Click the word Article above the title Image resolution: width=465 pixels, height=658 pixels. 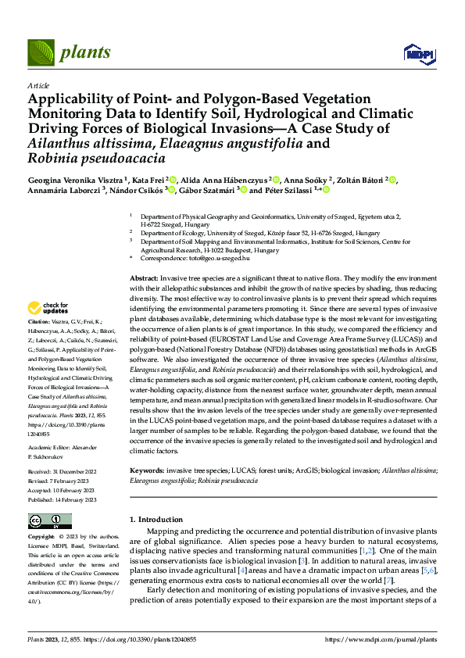point(37,85)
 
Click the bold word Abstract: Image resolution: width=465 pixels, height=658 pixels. point(144,278)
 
